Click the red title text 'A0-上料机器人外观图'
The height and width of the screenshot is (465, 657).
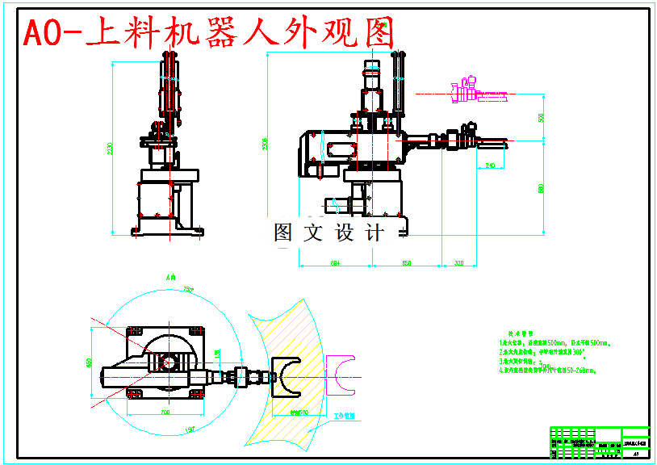(x=208, y=33)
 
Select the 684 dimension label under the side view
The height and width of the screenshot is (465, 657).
(x=335, y=263)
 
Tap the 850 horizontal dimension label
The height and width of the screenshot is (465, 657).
(x=407, y=263)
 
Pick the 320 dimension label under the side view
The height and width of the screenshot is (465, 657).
(x=459, y=263)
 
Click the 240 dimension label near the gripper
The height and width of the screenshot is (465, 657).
(x=490, y=165)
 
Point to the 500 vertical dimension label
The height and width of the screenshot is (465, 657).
(x=542, y=118)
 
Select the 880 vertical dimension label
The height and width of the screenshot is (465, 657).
(x=542, y=189)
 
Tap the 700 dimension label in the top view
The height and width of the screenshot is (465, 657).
(x=165, y=413)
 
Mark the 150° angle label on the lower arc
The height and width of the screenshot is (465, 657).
(x=191, y=429)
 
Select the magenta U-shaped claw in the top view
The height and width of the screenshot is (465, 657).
(x=342, y=375)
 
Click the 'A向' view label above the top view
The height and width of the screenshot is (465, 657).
(x=170, y=276)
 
